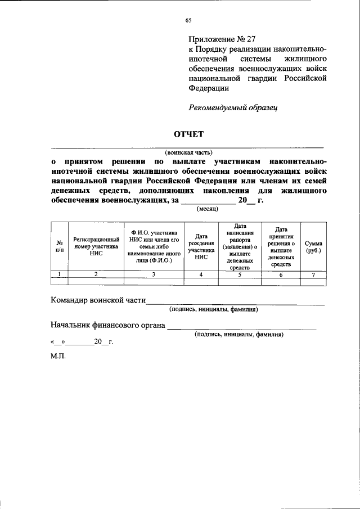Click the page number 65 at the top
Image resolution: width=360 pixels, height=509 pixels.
coord(188,20)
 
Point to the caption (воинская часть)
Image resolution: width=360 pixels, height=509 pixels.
coord(188,152)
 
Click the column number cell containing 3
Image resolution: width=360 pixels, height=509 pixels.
coord(154,274)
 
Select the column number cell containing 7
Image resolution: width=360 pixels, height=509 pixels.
coord(313,274)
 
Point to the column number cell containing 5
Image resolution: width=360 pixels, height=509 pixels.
coord(240,274)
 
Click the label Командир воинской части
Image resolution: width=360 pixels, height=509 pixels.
coord(98,300)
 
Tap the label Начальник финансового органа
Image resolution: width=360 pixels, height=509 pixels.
coord(107,325)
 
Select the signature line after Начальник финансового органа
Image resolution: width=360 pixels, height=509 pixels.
coord(242,328)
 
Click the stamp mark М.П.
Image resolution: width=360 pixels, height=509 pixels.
coord(58,357)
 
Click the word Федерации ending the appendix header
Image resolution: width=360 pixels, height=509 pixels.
coord(208,88)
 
